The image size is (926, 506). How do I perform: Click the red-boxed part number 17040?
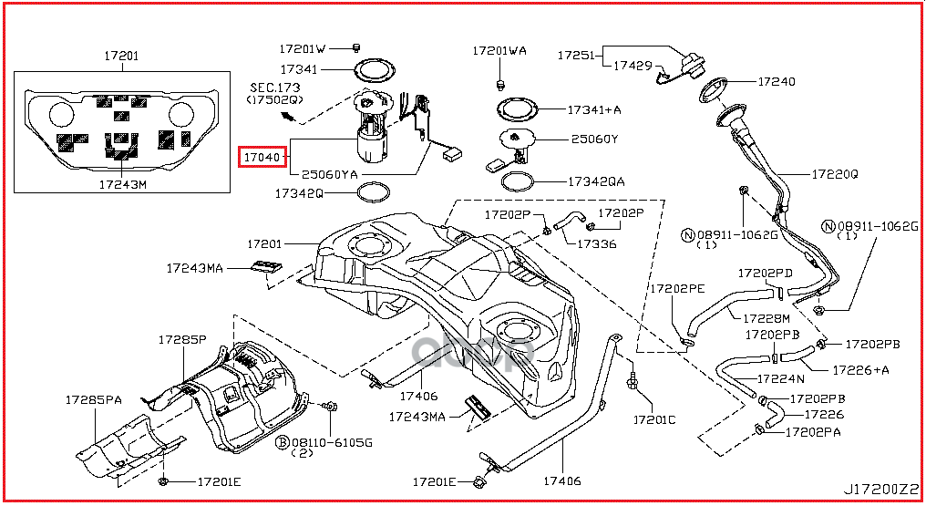[x=262, y=158]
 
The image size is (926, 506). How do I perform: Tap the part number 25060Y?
[x=594, y=139]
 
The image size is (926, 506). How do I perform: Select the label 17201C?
[x=654, y=420]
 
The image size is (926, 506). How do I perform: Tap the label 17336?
[x=596, y=243]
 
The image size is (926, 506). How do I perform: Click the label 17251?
[x=575, y=55]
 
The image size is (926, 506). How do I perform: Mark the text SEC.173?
[x=275, y=87]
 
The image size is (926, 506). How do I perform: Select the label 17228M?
[x=765, y=318]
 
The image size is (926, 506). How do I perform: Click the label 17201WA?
[x=499, y=51]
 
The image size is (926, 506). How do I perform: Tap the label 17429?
[x=632, y=66]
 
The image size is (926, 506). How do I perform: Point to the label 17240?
[x=776, y=81]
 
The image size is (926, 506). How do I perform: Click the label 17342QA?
[x=596, y=181]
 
